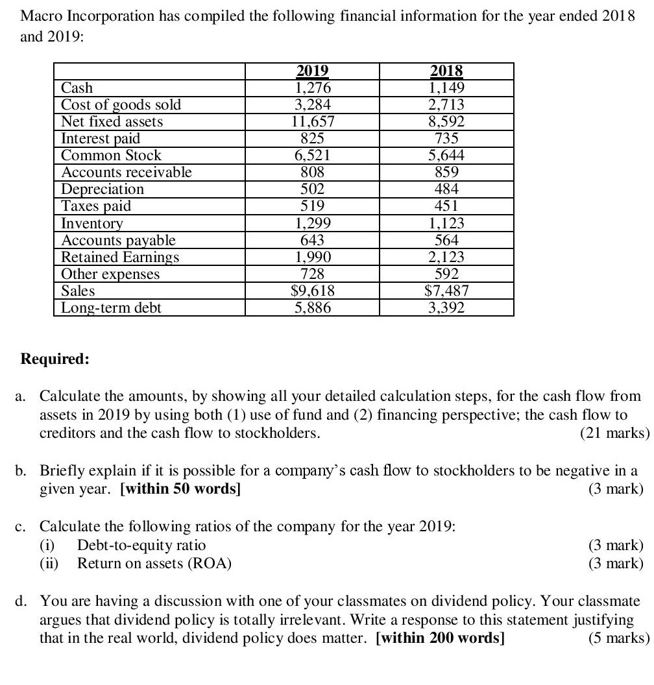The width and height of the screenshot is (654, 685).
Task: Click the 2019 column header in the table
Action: coord(312,71)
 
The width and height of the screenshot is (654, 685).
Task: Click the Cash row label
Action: coord(77,88)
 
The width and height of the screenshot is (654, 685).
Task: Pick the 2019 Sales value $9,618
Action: coord(312,291)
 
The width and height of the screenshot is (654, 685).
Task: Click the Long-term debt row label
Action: coord(111,307)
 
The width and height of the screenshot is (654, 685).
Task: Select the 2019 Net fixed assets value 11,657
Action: coord(312,121)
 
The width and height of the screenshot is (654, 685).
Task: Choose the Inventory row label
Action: coord(91,223)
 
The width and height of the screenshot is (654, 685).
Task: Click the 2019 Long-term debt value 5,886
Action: coord(312,307)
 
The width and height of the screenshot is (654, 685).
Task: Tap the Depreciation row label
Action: coord(102,189)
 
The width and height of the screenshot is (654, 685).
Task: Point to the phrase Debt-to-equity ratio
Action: coord(141,545)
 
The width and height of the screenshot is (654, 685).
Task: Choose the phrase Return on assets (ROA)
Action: coord(154,563)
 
